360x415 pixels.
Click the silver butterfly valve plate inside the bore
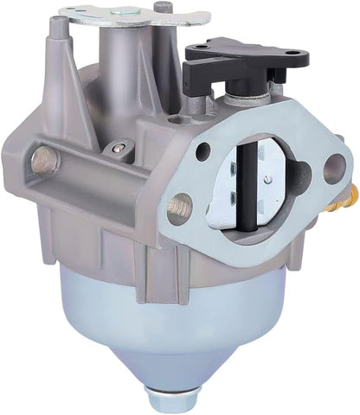pyautogui.click(x=264, y=186)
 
